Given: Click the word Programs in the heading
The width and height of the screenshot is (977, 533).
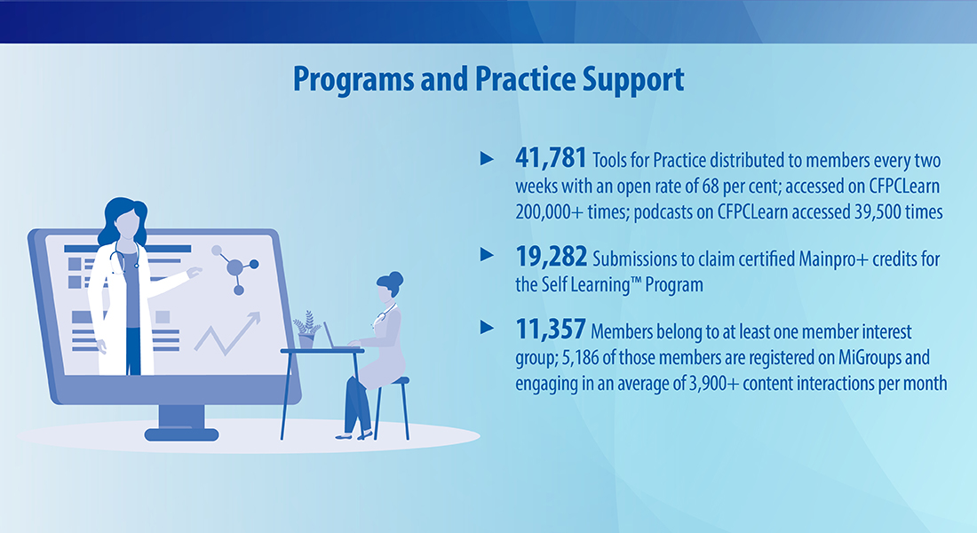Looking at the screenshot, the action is point(353,80).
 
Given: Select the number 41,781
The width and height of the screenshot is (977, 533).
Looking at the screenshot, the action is point(551,158).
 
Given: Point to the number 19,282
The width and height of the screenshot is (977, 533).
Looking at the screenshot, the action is point(551,256).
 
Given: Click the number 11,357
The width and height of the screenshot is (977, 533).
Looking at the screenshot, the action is point(550,330).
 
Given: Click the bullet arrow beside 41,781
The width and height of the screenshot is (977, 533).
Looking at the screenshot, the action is point(488,159).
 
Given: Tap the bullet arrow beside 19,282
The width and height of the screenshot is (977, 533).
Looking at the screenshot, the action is point(488,255).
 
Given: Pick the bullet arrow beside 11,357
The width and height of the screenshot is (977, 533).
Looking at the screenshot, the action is point(488,328).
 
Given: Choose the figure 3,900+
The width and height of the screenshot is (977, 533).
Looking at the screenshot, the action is point(714,383).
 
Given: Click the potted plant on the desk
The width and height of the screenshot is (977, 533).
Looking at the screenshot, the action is point(306,330).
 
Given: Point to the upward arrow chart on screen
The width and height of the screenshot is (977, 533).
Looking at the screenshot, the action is point(227,333).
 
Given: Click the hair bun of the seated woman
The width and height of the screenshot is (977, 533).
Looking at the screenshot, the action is point(395,278).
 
